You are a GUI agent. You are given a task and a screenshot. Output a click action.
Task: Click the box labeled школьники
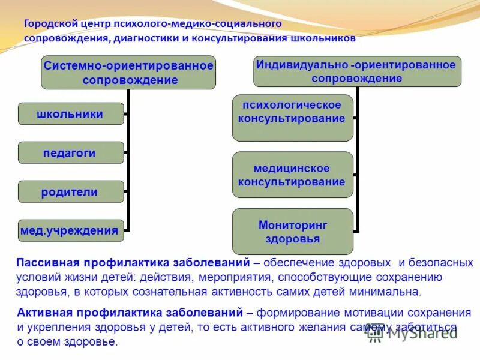coord(70,114)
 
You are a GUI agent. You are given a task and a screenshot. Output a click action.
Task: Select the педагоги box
coord(70,153)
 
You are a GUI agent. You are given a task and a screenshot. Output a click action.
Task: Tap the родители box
coord(70,192)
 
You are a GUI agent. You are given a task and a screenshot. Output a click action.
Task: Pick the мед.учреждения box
coord(70,230)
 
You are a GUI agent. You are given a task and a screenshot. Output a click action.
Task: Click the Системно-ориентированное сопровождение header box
coord(128,73)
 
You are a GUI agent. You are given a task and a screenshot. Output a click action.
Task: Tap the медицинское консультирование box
coord(292,175)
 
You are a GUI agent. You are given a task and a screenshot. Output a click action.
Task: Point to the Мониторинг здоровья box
coord(292,232)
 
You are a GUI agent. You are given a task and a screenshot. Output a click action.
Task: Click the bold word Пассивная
coord(44,263)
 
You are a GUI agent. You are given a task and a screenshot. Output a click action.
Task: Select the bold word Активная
coord(41,313)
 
